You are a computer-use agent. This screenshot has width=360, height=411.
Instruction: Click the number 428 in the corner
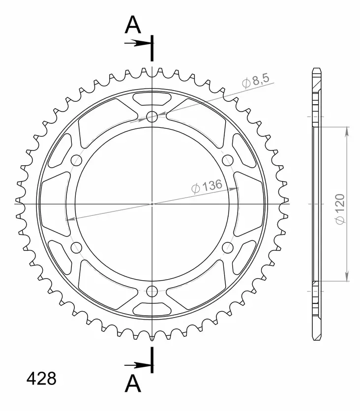pos(41,379)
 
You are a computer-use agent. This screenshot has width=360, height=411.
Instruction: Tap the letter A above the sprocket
pos(133,25)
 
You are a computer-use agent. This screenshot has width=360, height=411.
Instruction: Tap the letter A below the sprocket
pos(133,383)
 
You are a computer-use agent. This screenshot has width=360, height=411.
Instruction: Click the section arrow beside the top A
pos(138,43)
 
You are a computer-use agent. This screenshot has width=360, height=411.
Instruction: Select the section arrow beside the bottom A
pos(138,365)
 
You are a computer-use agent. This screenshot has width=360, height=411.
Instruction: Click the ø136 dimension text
pos(207,186)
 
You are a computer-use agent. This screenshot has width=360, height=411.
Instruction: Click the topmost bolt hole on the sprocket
pos(152,117)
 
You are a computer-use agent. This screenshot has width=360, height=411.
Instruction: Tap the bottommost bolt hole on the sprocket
pos(152,290)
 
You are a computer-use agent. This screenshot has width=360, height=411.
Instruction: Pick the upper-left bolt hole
pos(76,160)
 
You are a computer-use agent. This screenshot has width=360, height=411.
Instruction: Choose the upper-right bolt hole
pos(228,160)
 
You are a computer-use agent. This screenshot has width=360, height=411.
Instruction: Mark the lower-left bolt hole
pos(76,247)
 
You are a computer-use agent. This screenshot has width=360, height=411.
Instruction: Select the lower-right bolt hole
pos(228,247)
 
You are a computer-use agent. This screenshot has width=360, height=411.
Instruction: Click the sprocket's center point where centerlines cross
pos(152,204)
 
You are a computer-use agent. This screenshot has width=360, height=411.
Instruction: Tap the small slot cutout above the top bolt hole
pos(152,98)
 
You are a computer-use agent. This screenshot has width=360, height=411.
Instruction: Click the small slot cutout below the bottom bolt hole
pos(152,309)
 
